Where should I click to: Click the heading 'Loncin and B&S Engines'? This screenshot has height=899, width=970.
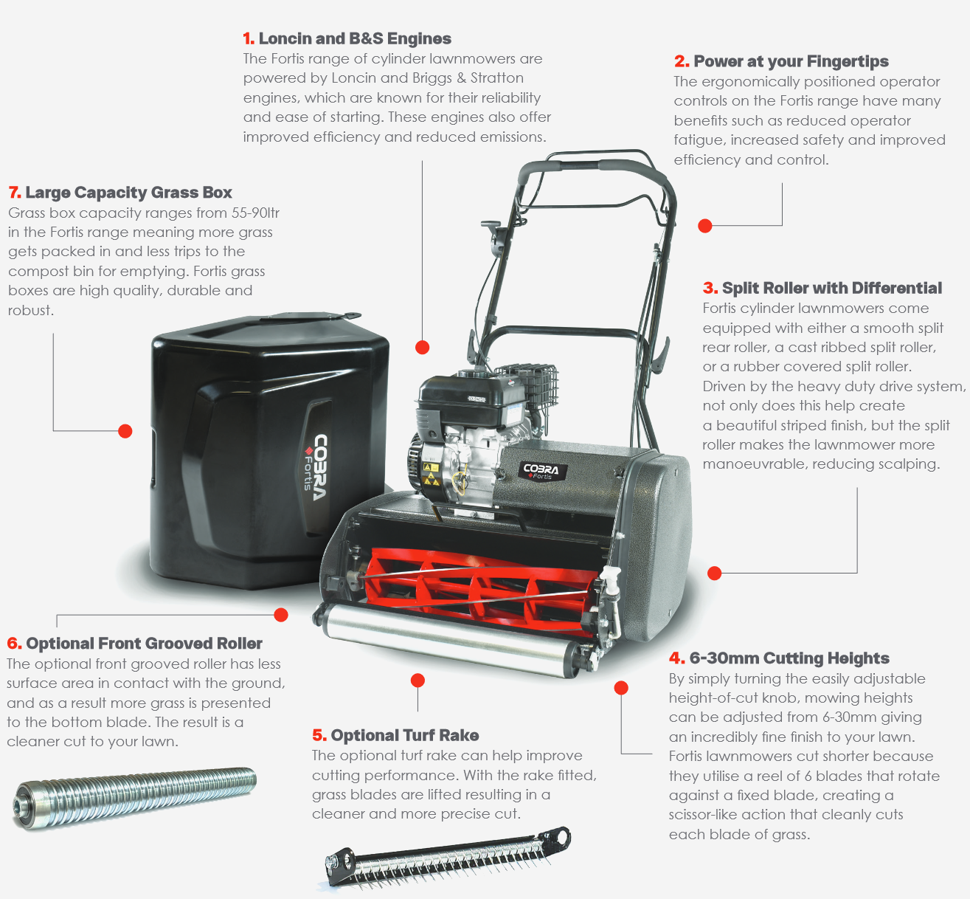[355, 38]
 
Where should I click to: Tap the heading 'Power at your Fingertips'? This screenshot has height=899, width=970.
[791, 61]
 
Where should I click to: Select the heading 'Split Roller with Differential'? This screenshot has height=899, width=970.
[832, 288]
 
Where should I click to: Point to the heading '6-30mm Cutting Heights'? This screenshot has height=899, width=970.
[789, 658]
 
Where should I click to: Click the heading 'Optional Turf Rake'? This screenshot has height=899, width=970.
[404, 735]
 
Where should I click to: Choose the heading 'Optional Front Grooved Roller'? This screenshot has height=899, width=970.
[144, 644]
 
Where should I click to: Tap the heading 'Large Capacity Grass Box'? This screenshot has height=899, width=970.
[128, 193]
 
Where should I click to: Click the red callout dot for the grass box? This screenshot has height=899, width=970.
[125, 431]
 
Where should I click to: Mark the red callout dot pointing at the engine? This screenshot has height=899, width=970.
[423, 348]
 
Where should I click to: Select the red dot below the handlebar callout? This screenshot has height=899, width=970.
[704, 226]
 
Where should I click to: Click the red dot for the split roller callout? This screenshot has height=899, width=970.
[715, 573]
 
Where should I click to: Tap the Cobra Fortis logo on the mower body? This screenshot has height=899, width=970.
[542, 472]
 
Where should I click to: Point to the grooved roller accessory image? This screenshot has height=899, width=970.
[134, 798]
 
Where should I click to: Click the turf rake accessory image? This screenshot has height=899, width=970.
[448, 857]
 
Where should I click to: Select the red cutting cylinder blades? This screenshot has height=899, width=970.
[481, 592]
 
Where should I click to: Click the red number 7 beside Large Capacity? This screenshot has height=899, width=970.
[14, 193]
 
